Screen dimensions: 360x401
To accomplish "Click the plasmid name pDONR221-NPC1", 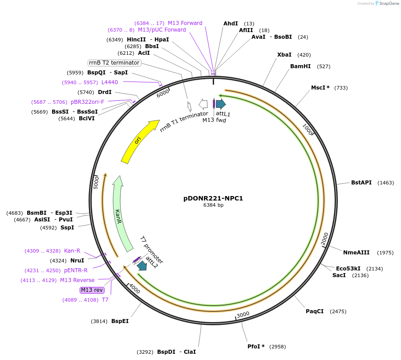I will [x=213, y=198].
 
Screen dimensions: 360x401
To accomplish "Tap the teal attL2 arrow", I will [x=142, y=266].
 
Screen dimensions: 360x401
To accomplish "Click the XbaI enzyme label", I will [x=284, y=55].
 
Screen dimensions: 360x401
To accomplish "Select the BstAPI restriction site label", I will [x=361, y=183].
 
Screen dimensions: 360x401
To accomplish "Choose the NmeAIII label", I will [x=356, y=253].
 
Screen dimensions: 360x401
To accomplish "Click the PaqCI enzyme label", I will [x=315, y=311].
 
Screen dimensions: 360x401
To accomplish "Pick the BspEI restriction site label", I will [x=120, y=321].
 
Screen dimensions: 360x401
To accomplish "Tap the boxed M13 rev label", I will [x=92, y=290].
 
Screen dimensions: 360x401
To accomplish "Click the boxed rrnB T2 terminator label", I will [x=114, y=63].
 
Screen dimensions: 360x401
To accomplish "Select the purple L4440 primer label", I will [x=109, y=82].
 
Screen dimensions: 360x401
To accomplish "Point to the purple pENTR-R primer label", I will [x=76, y=270].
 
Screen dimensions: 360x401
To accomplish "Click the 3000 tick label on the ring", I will [x=243, y=315].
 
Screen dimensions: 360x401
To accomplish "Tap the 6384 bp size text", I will [x=213, y=205].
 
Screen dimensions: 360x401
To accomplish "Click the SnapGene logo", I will [x=386, y=4].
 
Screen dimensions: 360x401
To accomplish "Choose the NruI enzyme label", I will [x=77, y=261].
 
